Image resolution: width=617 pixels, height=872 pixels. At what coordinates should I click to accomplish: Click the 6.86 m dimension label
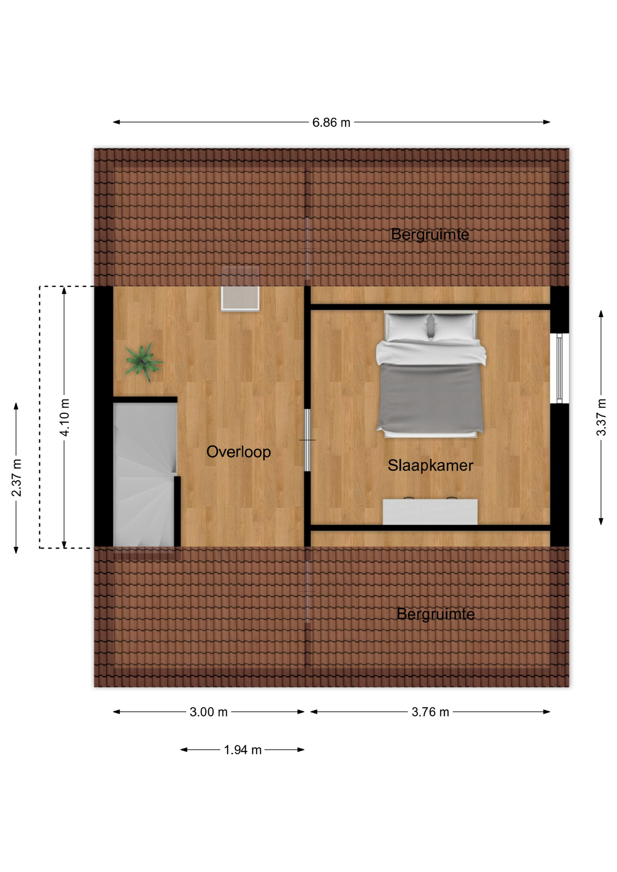[x=331, y=123]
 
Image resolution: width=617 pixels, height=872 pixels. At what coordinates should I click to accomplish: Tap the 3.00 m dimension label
[x=209, y=712]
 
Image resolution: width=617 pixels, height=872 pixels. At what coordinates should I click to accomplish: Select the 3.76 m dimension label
[x=430, y=712]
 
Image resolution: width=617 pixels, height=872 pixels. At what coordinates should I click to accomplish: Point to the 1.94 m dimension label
[x=243, y=750]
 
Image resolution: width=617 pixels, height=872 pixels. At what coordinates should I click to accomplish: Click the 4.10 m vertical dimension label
[x=65, y=417]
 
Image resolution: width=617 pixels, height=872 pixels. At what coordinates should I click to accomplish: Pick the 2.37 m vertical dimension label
[x=16, y=478]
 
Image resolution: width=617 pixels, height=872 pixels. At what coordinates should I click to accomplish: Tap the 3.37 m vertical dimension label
[x=601, y=417]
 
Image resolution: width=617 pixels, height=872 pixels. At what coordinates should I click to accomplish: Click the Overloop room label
[x=239, y=452]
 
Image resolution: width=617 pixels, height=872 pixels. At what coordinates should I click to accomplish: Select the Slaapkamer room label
[x=430, y=466]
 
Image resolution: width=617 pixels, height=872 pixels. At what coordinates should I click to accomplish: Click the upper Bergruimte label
[x=430, y=234]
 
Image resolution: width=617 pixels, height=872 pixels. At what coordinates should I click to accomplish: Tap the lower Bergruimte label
[x=435, y=614]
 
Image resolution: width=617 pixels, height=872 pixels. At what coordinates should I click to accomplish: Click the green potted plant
[x=144, y=362]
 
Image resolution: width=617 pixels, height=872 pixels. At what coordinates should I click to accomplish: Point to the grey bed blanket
[x=430, y=398]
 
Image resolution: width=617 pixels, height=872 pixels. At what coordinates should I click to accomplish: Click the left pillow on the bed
[x=407, y=326]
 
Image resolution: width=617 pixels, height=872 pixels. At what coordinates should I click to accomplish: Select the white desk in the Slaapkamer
[x=430, y=512]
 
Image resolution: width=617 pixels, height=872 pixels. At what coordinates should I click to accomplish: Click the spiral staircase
[x=144, y=475]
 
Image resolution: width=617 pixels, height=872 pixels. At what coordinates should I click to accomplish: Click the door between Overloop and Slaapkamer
[x=308, y=440]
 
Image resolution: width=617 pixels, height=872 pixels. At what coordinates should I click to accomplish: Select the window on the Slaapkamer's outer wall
[x=560, y=368]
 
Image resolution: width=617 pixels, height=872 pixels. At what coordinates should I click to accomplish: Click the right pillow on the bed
[x=454, y=326]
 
